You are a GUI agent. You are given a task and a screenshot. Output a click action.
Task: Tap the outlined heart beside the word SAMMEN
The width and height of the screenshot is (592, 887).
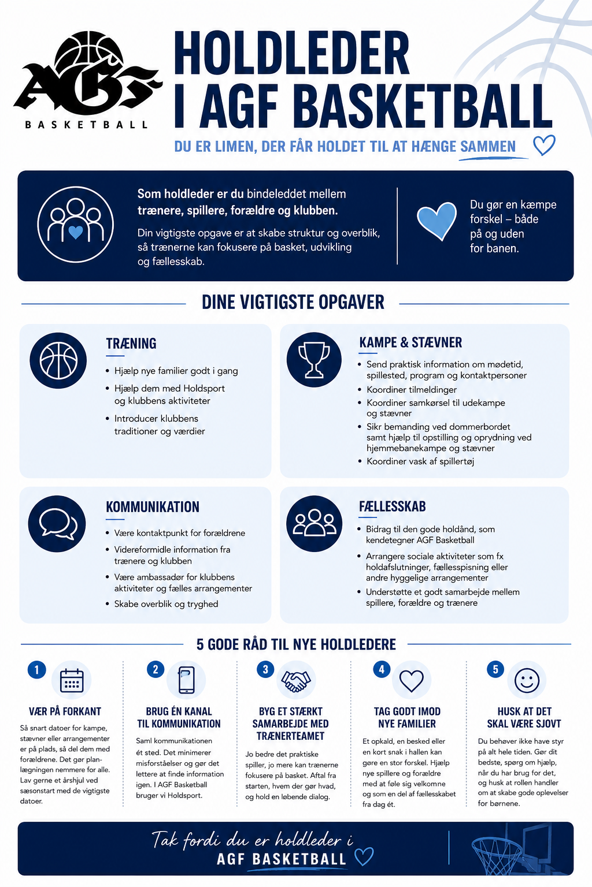(x=544, y=145)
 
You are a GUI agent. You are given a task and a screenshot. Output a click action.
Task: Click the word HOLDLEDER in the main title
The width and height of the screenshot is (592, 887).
(x=292, y=53)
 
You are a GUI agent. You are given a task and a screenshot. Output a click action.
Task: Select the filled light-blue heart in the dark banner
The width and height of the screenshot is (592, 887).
(x=436, y=221)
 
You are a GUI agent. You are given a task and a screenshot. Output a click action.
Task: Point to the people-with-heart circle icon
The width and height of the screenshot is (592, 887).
(x=75, y=225)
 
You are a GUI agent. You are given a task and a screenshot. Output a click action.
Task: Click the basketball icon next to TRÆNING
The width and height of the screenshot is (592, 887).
(x=58, y=360)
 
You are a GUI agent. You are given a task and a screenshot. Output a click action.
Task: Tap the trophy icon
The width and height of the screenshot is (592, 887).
(x=314, y=360)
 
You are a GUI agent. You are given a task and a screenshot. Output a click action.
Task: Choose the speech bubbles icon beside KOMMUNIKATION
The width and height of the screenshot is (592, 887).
(x=57, y=524)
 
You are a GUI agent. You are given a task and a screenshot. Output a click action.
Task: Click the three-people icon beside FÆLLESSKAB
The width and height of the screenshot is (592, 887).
(x=314, y=523)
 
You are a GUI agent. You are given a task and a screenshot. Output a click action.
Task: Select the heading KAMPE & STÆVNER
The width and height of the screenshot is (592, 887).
(x=410, y=342)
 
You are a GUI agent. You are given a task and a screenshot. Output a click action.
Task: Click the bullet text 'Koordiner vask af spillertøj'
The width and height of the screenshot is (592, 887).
(x=420, y=461)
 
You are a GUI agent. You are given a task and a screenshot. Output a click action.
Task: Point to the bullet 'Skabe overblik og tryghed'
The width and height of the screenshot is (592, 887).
(x=166, y=604)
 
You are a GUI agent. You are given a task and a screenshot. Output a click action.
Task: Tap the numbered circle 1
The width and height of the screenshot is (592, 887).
(x=37, y=670)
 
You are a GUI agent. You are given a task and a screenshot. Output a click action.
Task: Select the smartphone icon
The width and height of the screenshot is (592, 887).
(x=186, y=680)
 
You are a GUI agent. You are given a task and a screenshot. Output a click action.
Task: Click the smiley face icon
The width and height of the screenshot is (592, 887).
(x=527, y=681)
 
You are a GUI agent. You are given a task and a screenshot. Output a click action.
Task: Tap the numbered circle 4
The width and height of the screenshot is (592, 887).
(x=382, y=669)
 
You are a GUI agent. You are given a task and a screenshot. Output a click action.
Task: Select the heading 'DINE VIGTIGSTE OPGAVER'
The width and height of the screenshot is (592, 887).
(x=293, y=303)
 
